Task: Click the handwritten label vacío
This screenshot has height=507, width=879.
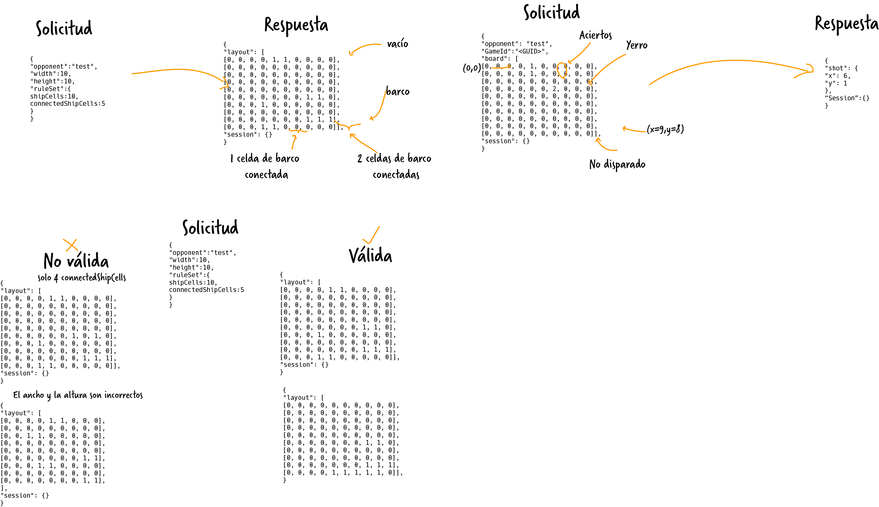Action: click(397, 44)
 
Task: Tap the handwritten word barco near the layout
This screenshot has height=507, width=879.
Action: click(398, 91)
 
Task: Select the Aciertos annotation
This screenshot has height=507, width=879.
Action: click(595, 35)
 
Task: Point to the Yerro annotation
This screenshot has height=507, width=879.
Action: click(637, 45)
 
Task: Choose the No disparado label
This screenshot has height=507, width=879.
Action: click(617, 164)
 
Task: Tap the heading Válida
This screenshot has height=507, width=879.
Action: click(370, 255)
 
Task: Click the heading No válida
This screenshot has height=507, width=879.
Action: click(76, 260)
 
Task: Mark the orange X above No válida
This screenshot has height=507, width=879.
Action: click(71, 245)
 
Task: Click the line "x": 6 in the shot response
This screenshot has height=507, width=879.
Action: click(837, 76)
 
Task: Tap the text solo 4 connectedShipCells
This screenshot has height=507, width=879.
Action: click(82, 278)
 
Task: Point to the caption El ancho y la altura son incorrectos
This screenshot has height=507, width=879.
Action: click(78, 395)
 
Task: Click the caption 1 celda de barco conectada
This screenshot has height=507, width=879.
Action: click(265, 166)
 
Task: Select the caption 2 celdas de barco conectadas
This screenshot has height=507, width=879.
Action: click(394, 166)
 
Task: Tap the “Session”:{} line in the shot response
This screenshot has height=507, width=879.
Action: click(847, 98)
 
